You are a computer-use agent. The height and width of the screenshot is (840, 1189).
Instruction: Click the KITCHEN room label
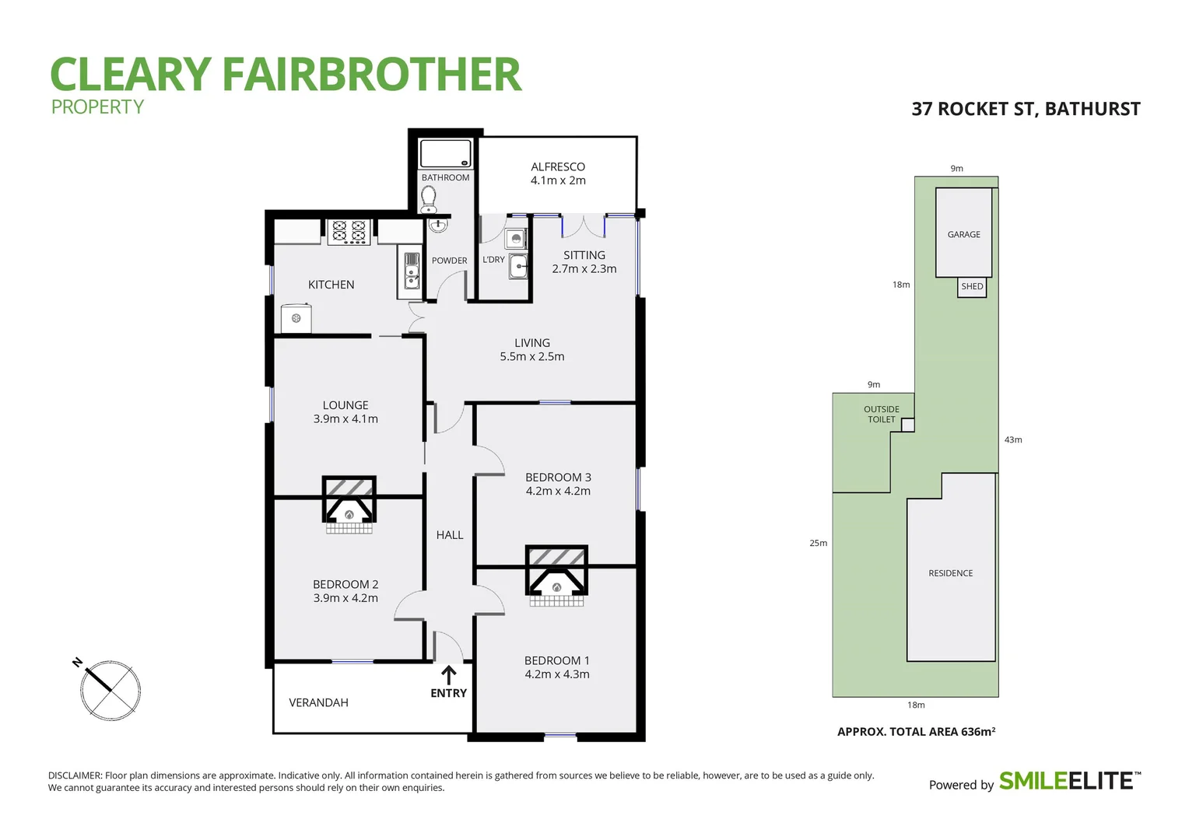point(331,285)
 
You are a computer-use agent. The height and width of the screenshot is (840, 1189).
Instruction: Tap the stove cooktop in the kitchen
point(349,232)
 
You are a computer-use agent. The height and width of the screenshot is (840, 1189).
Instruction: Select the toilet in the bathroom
point(428,200)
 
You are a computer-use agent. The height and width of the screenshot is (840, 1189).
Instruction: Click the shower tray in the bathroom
point(445,153)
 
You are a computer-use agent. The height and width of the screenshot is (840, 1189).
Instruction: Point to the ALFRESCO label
point(557,166)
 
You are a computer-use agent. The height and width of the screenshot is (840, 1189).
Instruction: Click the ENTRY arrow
point(448,674)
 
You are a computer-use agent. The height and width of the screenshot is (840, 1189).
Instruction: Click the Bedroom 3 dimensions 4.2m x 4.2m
point(558,491)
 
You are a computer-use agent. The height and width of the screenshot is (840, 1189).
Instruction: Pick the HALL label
point(449,535)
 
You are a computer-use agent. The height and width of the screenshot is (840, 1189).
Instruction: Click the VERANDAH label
point(318,702)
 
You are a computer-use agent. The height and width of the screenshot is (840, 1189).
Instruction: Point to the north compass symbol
point(110,690)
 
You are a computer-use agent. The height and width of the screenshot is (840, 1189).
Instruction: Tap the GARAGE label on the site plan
point(963,234)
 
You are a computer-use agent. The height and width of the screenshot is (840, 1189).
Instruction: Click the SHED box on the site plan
point(972,287)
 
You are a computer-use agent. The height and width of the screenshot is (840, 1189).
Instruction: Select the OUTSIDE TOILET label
point(881,415)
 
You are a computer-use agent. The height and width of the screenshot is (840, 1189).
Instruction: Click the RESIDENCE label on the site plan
point(950,573)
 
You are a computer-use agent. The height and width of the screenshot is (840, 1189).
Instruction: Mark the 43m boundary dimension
point(1012,439)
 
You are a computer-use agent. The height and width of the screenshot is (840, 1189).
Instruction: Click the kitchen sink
point(411,268)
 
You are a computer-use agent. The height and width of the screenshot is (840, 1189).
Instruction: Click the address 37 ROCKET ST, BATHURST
point(1025,109)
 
